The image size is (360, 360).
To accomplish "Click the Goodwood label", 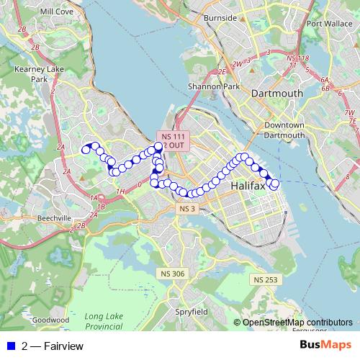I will pyautogui.click(x=50, y=319).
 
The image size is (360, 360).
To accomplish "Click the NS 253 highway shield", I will pyautogui.click(x=264, y=279).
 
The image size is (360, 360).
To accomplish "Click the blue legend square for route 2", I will pyautogui.click(x=10, y=346).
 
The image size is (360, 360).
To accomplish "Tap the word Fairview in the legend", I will pyautogui.click(x=63, y=346).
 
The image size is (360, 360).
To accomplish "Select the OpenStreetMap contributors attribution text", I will pyautogui.click(x=297, y=322).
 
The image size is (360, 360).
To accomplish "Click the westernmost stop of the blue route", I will pyautogui.click(x=85, y=150).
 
